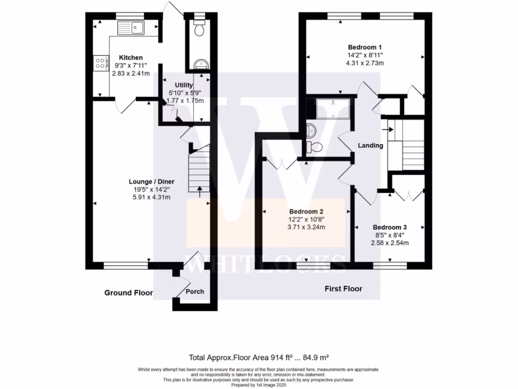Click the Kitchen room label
coord(131,58)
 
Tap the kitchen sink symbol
coord(131,27)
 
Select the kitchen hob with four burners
coord(100,63)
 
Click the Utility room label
coord(184,85)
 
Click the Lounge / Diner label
coord(151,181)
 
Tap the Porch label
coord(195,292)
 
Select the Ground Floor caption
coord(128,293)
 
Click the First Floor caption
coord(343,289)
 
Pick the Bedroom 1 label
coord(364,47)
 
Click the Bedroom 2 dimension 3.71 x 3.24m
coord(306,227)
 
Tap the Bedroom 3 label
coord(390,227)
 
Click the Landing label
coord(370,146)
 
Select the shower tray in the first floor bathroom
coord(333,108)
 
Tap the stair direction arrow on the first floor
coord(390,130)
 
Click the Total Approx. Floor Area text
coord(259,357)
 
